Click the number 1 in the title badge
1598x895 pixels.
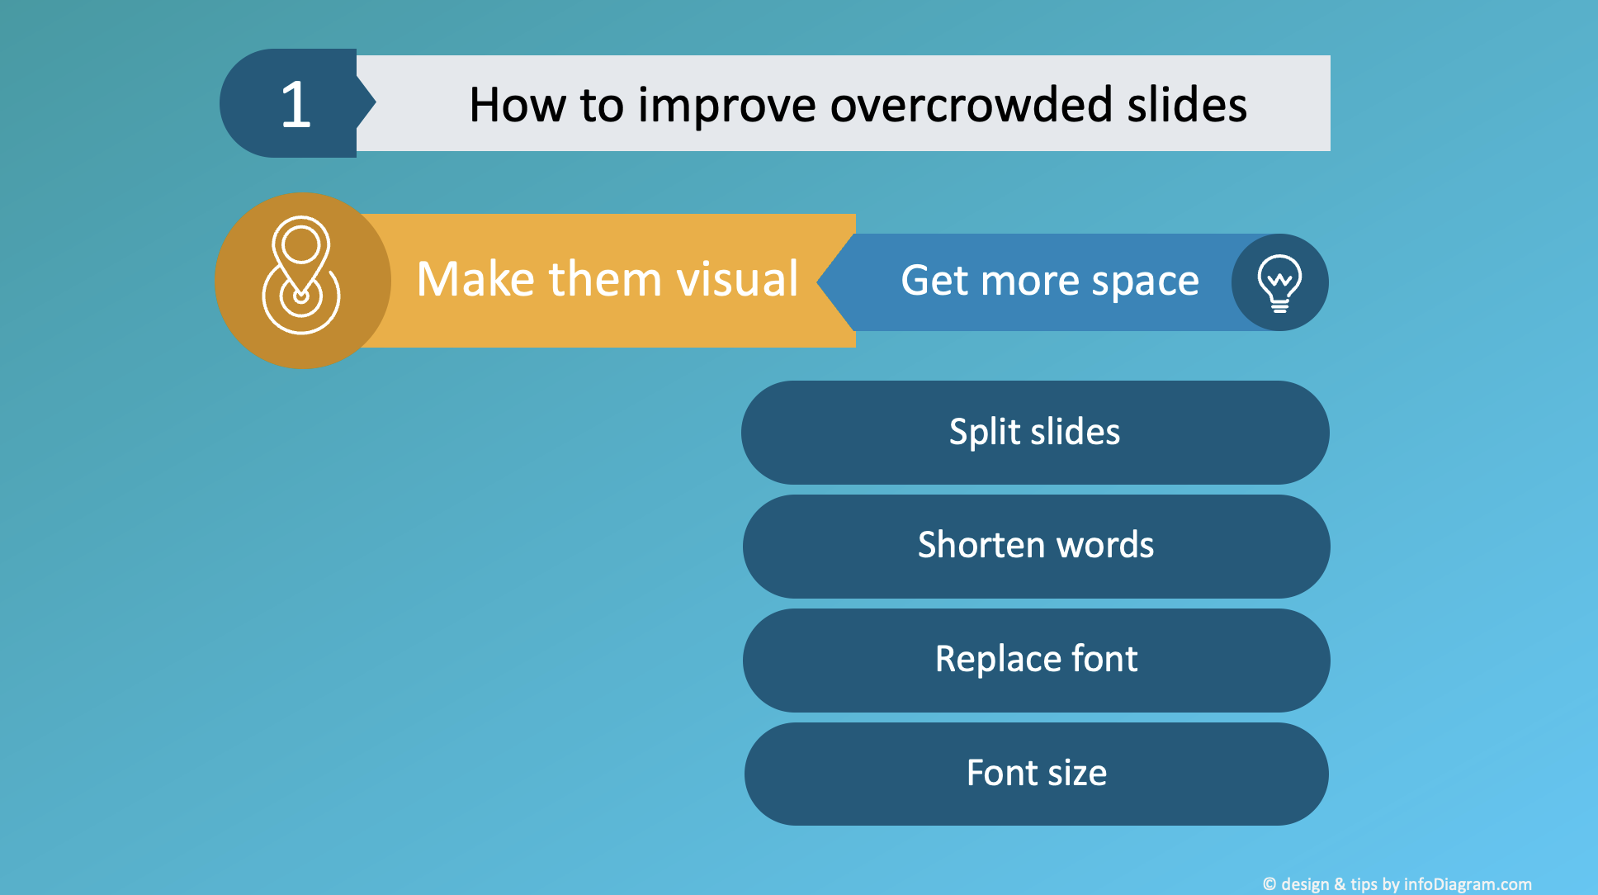pos(295,105)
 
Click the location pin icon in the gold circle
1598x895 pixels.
pos(300,276)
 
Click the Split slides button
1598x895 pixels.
pos(1035,433)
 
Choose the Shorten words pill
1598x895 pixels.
pos(1036,546)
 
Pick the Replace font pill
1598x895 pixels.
pos(1036,660)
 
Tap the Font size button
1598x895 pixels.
pos(1036,774)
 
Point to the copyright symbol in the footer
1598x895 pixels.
pos(1269,884)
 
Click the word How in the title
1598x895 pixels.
pos(518,106)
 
